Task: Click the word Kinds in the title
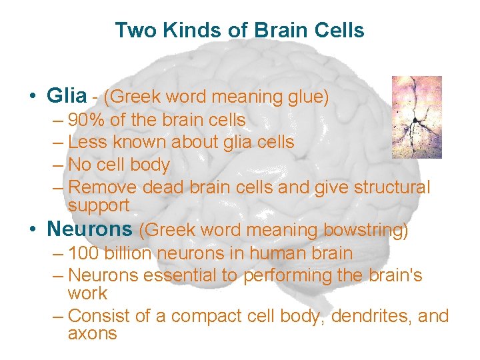coord(169,30)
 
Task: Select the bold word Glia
coord(67,97)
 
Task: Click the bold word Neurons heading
coord(89,229)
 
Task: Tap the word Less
coord(85,142)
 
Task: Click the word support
coord(99,205)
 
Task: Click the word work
coord(87,293)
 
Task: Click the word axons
coord(93,333)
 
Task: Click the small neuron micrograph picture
coord(416,117)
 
